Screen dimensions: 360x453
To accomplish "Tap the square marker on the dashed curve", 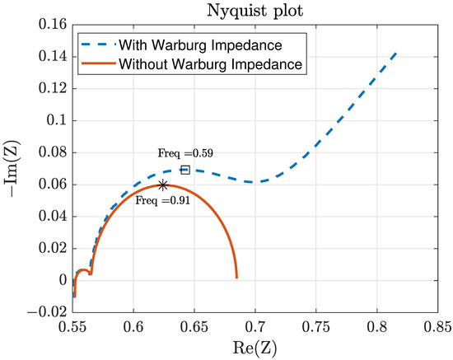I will click(x=185, y=170).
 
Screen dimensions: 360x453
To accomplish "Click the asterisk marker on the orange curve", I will click(x=163, y=185).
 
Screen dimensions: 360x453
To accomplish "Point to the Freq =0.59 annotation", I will click(x=183, y=153).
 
